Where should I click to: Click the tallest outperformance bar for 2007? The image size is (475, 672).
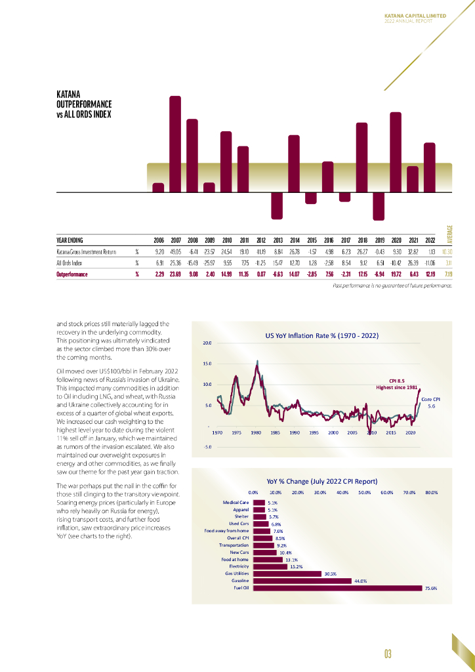175,144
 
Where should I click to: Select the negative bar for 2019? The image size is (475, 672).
379,206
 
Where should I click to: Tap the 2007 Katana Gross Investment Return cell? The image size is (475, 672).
176,251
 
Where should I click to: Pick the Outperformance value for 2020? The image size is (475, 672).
396,274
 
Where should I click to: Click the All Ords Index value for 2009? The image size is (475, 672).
209,262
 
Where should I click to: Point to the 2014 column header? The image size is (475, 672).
295,240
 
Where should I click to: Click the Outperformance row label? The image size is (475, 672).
72,274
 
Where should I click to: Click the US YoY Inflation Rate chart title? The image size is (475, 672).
321,336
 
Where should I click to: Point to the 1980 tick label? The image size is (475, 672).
256,433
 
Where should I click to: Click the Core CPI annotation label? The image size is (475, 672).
430,399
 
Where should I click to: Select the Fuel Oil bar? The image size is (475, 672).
337,588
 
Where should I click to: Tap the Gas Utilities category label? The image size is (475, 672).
236,574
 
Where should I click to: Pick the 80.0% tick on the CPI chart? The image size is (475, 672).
431,492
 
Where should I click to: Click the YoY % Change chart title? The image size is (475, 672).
321,480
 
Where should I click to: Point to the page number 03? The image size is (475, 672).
388,653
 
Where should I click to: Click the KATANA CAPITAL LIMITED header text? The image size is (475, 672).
415,15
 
